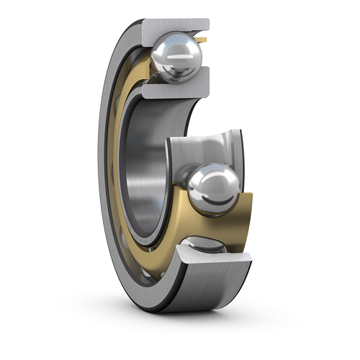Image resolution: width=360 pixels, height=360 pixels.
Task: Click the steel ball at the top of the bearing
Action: (x=176, y=57)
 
